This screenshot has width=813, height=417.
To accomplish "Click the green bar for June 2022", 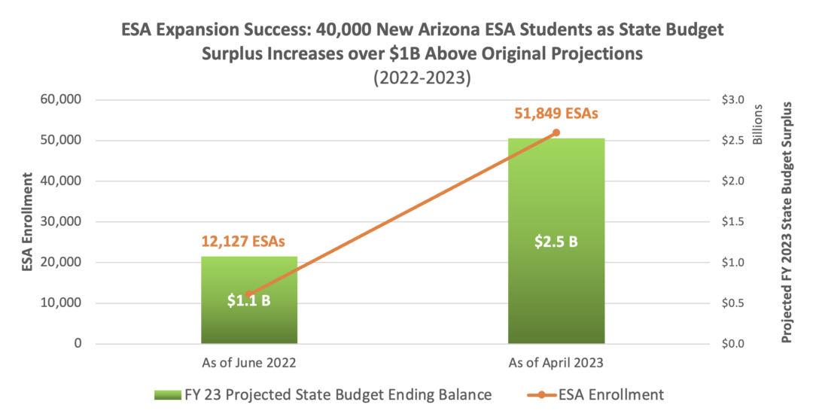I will pos(248,324).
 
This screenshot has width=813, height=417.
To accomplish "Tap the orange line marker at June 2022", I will pos(248,294).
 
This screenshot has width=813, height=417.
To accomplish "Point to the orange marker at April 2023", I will pos(556,132).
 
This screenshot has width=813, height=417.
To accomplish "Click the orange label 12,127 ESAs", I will pos(248,242).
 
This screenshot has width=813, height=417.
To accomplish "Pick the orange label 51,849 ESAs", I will pos(556,114).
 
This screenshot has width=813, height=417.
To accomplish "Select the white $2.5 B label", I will pos(556,242).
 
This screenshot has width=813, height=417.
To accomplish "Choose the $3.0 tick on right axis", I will pos(732,100).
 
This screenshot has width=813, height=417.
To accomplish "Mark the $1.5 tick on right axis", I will pos(732,222).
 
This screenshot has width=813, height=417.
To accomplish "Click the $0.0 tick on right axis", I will pos(732,344).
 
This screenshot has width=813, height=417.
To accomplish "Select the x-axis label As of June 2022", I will pos(248,363).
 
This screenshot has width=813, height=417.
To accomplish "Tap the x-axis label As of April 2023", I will pos(556,363).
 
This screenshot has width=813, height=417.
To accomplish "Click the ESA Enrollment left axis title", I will pos(28,222).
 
